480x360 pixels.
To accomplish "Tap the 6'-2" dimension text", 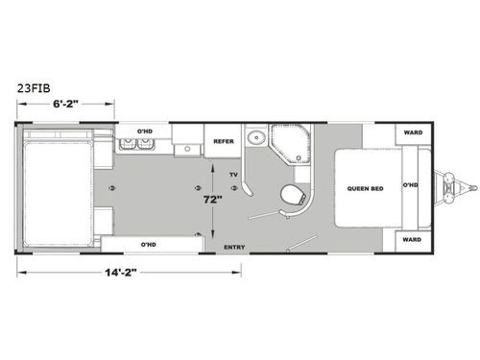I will coord(64,103).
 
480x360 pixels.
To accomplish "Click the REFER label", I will coord(224,140).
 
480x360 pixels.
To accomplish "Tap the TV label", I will coord(232,174).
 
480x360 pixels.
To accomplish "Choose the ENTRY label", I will coord(233,248).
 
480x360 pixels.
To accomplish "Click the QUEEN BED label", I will coord(366,188).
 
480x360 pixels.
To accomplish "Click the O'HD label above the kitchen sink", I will coord(145,130).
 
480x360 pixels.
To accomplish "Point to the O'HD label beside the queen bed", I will coord(411,185).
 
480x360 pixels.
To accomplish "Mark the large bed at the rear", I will coord(59,186).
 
